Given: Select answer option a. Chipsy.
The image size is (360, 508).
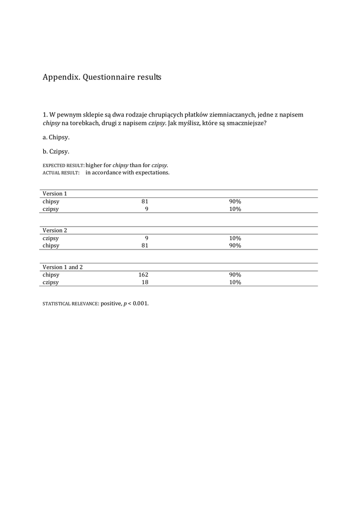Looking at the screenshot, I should pyautogui.click(x=56, y=137).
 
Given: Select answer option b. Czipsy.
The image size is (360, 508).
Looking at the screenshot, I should pyautogui.click(x=56, y=151).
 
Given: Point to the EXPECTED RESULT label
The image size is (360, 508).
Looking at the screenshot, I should pyautogui.click(x=64, y=166).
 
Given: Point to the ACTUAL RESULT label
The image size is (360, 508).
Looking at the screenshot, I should pyautogui.click(x=61, y=173).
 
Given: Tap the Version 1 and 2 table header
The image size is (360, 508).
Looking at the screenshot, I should pyautogui.click(x=63, y=267).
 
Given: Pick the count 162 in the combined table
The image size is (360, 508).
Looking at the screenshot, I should pyautogui.click(x=144, y=275).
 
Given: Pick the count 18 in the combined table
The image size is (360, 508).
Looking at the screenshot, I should pyautogui.click(x=145, y=282).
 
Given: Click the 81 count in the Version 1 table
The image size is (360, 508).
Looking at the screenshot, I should pyautogui.click(x=145, y=201).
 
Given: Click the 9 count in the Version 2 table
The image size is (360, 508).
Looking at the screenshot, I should pyautogui.click(x=146, y=238).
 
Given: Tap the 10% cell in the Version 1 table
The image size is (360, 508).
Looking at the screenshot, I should pyautogui.click(x=235, y=209).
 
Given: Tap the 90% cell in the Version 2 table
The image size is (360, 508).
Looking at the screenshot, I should pyautogui.click(x=235, y=246).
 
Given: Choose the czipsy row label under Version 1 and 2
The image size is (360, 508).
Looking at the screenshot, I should pyautogui.click(x=51, y=282).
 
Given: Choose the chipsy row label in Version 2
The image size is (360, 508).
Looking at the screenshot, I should pyautogui.click(x=51, y=246).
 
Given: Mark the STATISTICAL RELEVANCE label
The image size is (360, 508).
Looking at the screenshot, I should pyautogui.click(x=71, y=304).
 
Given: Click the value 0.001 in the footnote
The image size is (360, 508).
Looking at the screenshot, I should pyautogui.click(x=141, y=304).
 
